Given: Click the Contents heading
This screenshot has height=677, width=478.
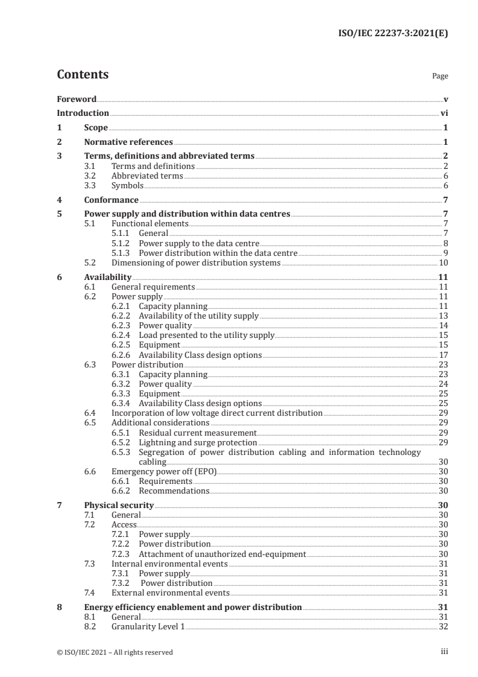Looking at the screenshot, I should tap(83, 75).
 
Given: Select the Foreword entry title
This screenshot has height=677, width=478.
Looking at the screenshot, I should tap(77, 99).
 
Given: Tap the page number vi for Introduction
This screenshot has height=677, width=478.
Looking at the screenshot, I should tap(444, 113).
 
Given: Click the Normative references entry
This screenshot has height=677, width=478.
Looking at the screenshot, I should tap(128, 142).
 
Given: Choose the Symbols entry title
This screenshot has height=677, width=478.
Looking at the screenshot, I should tap(127, 186).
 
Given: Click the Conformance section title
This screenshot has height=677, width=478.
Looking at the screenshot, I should tap(112, 200).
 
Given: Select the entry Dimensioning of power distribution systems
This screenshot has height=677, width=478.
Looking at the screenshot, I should tap(197, 262).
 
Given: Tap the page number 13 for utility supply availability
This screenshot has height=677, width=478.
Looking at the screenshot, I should tap(442, 316).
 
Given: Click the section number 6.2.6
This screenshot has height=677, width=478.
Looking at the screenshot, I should tap(122, 355).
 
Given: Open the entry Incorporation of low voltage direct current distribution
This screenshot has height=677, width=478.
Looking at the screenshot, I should tap(217, 413).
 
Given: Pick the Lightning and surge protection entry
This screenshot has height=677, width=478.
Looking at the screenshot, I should tap(193, 442).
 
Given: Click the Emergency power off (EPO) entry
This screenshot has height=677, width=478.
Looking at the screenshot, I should tap(163, 471).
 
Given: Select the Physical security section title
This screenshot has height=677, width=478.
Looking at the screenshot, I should tap(119, 505).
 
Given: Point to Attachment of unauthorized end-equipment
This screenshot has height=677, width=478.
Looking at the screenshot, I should tap(222, 554).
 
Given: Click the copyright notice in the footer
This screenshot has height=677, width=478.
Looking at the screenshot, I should tap(115, 652).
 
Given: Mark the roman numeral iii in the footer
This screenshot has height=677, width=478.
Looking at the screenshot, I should tap(444, 652).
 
